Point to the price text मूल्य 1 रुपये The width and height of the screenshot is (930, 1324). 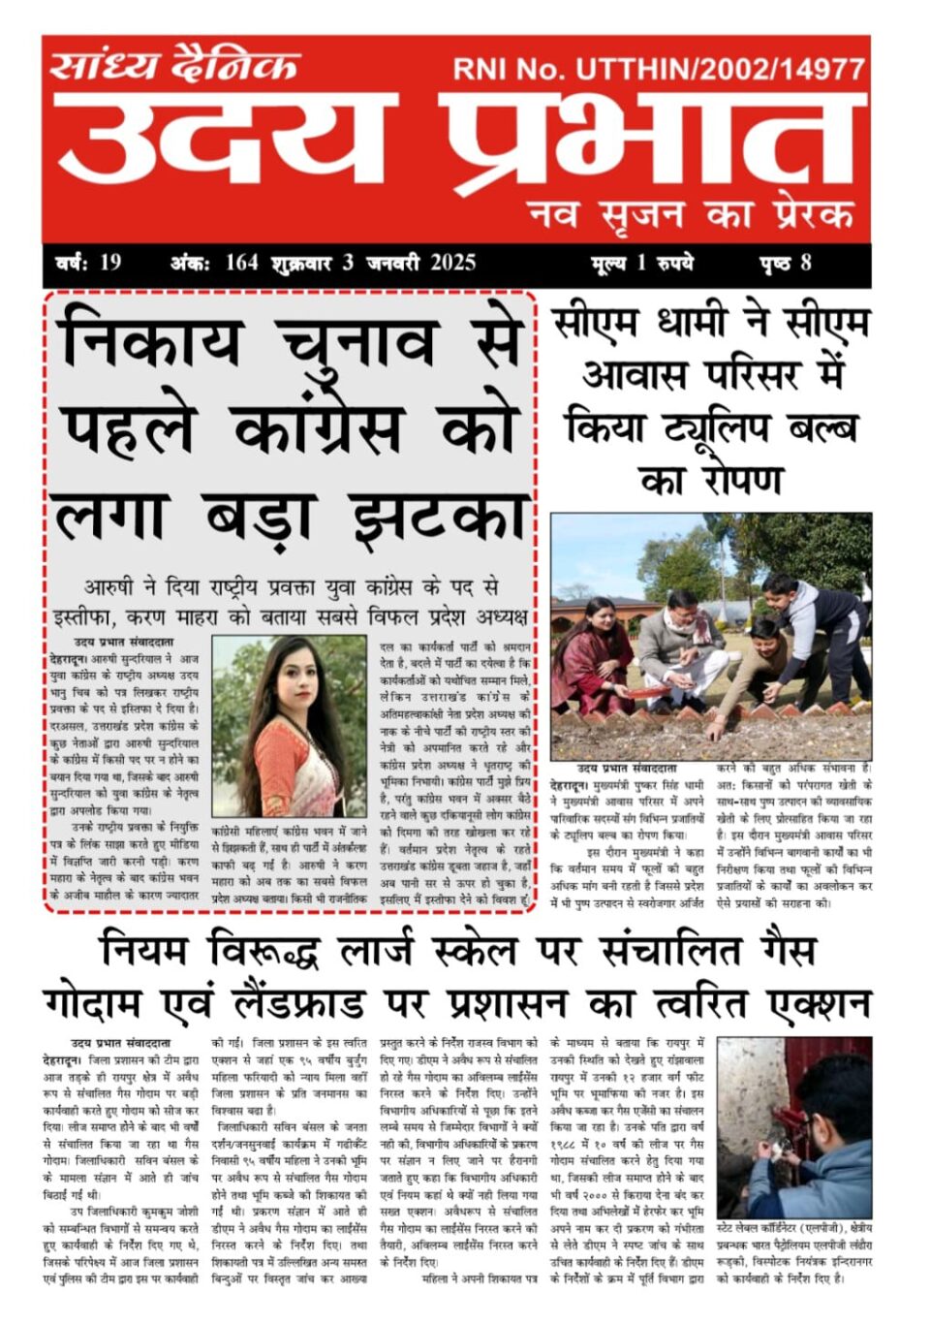point(642,263)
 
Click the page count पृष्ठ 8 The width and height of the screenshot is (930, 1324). point(785,263)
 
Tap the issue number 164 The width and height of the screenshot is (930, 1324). point(241,263)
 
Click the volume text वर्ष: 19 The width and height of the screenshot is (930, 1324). point(88,263)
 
